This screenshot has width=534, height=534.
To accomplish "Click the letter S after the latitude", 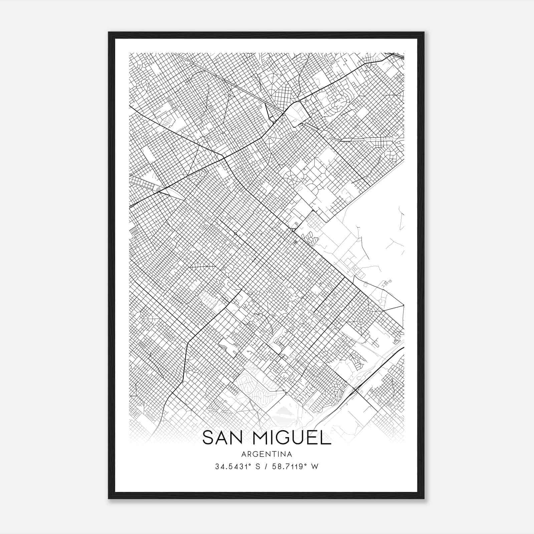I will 257,467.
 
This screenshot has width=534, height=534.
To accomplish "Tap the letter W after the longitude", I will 315,467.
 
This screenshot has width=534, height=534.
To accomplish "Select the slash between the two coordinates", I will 266,467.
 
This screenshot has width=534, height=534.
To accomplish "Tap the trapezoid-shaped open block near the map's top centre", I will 298,113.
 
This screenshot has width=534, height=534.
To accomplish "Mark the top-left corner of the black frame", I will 109,33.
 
